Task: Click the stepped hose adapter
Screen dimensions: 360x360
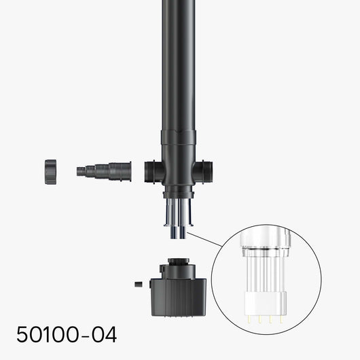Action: click(105, 170)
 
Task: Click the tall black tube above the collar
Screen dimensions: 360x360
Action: click(179, 61)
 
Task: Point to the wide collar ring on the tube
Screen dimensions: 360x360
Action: click(179, 137)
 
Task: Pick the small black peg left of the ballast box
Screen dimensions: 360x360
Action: click(138, 284)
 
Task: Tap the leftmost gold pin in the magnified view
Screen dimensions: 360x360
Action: click(251, 318)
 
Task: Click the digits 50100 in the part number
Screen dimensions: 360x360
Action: click(46, 334)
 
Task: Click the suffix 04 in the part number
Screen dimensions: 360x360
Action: click(103, 334)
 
